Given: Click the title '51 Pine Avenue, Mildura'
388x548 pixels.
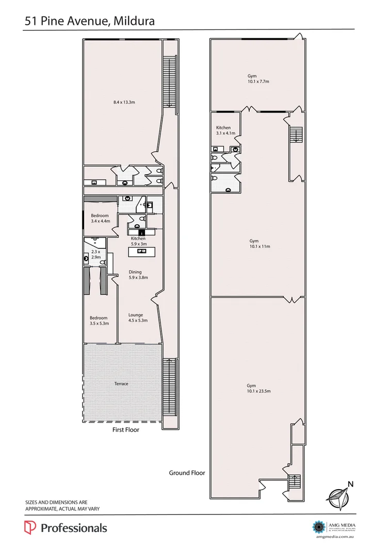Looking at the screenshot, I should coord(89,21).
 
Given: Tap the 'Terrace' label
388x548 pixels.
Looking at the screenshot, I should coord(121,383).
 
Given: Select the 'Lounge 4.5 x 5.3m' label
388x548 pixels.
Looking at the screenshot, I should coord(138,317).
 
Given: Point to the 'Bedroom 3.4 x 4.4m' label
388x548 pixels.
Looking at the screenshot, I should coord(101,218).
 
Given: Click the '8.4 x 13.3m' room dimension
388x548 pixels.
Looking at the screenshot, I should coord(124,102).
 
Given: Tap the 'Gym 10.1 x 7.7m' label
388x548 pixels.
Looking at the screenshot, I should coord(258,78).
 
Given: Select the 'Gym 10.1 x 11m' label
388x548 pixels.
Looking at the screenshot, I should coord(260,244).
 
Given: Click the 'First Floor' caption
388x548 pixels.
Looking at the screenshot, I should coord(126,429).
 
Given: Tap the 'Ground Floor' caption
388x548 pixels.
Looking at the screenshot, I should coord(187,473).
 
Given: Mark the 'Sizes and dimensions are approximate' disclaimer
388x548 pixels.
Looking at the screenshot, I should coord(62,505).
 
